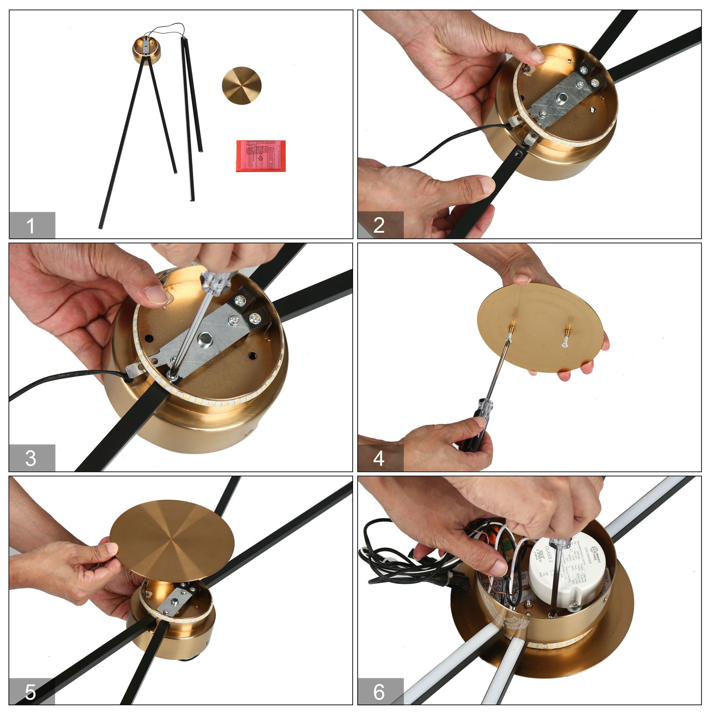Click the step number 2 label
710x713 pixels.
coord(379,225)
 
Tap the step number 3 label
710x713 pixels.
coord(31,458)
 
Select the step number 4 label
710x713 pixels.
coord(379,458)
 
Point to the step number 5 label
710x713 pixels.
coord(31,692)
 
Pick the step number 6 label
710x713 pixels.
coord(379,692)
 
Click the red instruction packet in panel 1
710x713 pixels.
coord(261,156)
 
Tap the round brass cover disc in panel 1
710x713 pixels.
coord(241,86)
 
